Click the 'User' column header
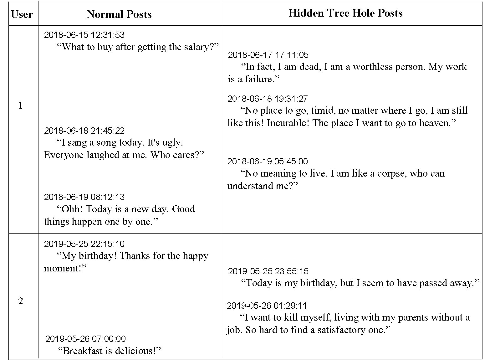tap(22, 14)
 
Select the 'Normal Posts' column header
tap(119, 14)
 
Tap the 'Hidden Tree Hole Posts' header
tap(345, 13)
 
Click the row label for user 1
tap(21, 105)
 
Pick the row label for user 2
tap(21, 301)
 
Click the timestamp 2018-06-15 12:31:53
tap(84, 35)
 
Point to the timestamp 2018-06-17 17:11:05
tap(268, 55)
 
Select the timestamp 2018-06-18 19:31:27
tap(268, 99)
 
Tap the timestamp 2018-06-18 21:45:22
tap(84, 131)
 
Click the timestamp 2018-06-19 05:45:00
tap(268, 161)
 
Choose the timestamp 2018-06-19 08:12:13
tap(84, 197)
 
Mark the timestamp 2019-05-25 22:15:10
tap(84, 244)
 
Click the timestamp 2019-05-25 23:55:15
tap(268, 271)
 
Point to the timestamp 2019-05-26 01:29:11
tap(267, 306)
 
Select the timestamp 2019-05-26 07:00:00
tap(85, 339)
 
